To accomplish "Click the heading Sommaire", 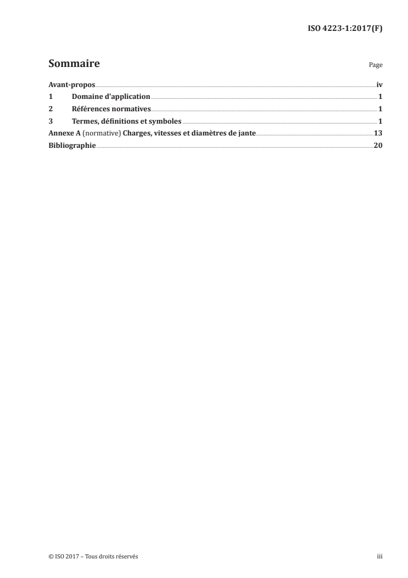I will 74,64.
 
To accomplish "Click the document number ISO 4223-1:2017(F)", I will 344,29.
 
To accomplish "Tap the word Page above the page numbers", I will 376,66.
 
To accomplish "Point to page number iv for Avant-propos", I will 379,84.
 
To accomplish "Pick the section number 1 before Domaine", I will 50,97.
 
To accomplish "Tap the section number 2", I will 50,109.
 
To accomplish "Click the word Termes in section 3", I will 85,122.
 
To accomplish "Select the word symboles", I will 165,122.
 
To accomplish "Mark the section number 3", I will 50,122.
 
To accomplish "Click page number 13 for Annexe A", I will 378,134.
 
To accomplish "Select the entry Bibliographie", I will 72,146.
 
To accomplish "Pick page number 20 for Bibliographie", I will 378,146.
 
